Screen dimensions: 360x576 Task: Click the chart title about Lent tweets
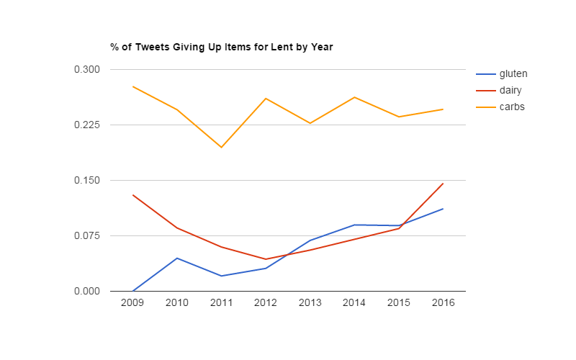(222, 48)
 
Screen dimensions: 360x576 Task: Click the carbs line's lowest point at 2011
(221, 147)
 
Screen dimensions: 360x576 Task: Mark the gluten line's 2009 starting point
(132, 291)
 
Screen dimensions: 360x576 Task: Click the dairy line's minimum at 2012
(266, 259)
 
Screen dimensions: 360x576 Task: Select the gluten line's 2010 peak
(177, 258)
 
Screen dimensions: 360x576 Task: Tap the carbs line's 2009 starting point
(132, 86)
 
